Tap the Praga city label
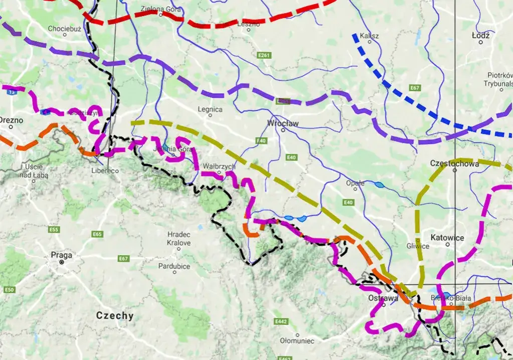61,255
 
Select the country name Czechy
115,315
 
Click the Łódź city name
480,35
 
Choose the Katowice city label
447,237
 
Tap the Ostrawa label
382,297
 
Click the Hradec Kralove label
179,239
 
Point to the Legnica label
210,109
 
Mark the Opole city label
355,183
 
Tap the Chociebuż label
64,29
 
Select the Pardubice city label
174,266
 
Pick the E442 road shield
281,320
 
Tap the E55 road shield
55,230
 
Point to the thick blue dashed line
401,95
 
